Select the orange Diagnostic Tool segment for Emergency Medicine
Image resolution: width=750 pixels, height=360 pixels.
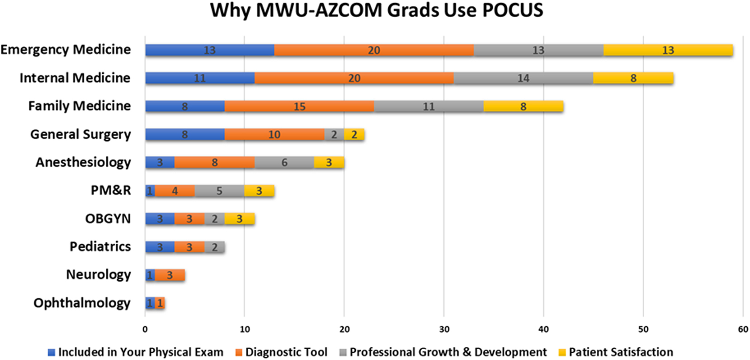(x=373, y=50)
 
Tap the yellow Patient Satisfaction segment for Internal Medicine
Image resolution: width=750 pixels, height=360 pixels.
(x=633, y=78)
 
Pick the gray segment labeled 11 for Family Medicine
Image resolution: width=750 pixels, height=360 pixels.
(x=428, y=106)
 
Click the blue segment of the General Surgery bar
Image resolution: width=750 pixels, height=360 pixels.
(x=184, y=134)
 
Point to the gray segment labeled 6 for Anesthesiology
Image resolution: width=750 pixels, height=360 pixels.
(x=284, y=162)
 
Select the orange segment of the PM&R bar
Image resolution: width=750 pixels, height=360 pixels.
(x=175, y=191)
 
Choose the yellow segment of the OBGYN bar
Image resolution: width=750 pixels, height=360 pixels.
(x=240, y=219)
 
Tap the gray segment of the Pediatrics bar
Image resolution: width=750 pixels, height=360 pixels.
(x=215, y=247)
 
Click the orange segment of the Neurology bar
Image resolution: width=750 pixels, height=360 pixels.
(x=170, y=275)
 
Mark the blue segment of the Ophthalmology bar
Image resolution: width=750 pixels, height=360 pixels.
(x=150, y=303)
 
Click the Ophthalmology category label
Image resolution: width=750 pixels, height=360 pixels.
(x=82, y=303)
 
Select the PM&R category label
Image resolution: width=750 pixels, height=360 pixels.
(x=111, y=190)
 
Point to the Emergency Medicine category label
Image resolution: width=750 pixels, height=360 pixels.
(x=66, y=50)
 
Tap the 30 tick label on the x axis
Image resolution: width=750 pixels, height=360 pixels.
(x=444, y=329)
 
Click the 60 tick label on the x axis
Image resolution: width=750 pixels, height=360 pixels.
(x=743, y=329)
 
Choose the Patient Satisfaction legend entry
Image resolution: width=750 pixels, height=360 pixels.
(x=620, y=352)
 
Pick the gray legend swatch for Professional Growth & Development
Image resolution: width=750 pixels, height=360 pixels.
(x=343, y=352)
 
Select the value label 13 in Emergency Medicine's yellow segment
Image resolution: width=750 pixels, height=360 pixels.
(x=668, y=50)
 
